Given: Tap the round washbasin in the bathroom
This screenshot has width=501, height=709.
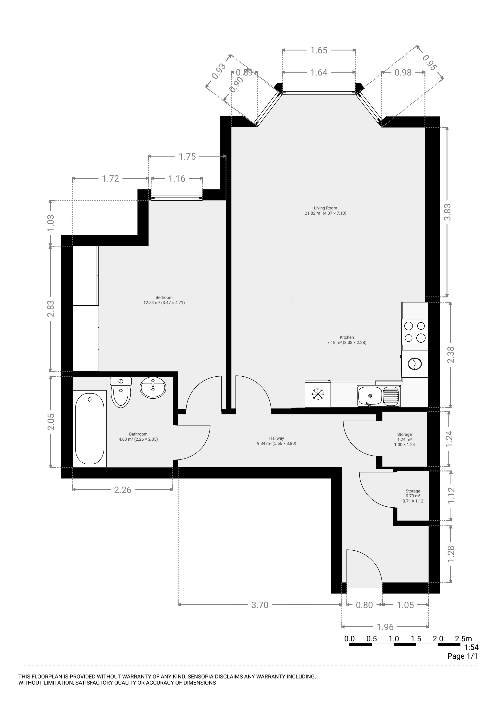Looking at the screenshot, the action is click(x=153, y=387).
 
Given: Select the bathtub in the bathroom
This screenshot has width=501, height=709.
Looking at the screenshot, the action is click(x=89, y=429).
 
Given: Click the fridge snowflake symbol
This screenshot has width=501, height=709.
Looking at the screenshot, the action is click(x=318, y=394).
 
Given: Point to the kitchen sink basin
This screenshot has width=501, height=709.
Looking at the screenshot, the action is click(x=370, y=396).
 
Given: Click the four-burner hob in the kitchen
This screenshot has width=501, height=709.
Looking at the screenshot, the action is click(x=414, y=332).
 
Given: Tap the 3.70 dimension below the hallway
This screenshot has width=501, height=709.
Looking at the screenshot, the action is click(x=260, y=605).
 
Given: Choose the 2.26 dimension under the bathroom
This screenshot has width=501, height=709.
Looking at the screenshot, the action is click(x=123, y=490).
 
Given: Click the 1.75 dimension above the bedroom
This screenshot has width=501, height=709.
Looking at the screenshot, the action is click(x=187, y=157).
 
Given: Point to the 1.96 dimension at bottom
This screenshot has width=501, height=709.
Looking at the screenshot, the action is click(x=385, y=627).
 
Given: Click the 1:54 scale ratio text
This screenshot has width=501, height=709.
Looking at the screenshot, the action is click(x=471, y=647).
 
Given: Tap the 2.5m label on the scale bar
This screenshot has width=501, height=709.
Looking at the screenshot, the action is click(x=463, y=638).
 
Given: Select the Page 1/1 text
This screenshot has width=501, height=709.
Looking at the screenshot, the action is click(x=462, y=656).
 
